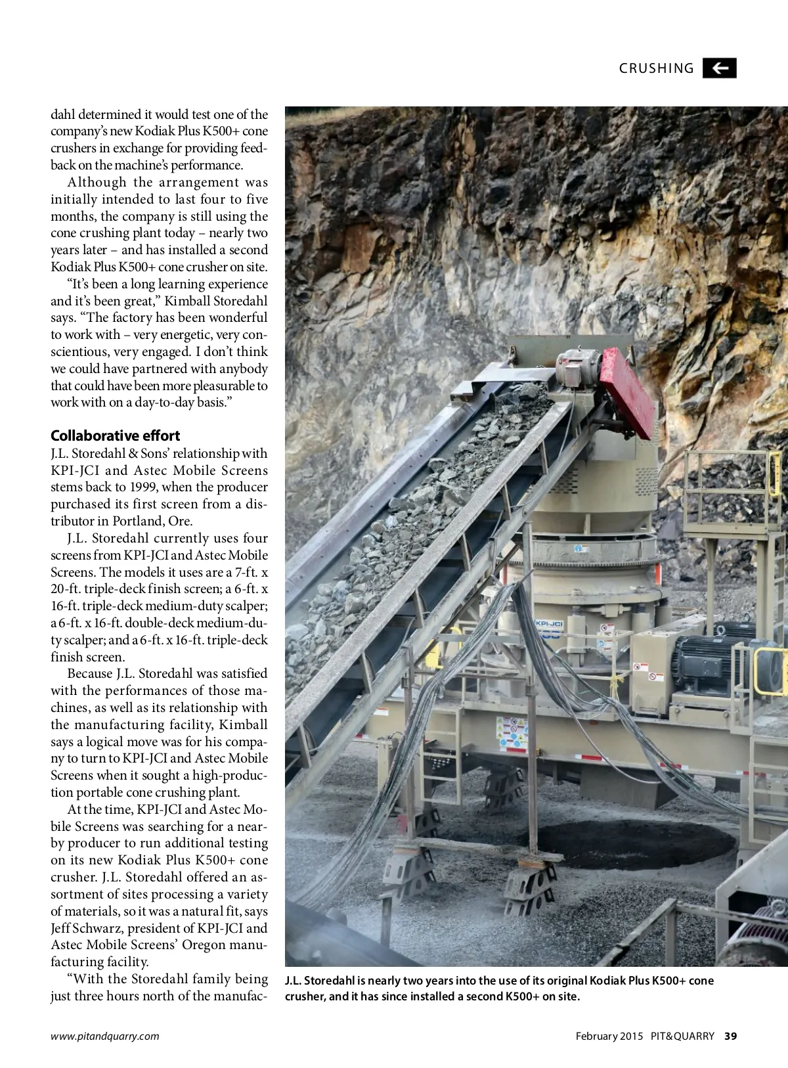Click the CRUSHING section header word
(656, 68)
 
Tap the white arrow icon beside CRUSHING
(720, 68)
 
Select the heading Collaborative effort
(115, 435)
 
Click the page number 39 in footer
(730, 1036)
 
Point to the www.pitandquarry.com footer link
(105, 1036)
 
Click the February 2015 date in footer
(609, 1036)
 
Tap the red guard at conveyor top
(627, 392)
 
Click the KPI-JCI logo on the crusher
(549, 623)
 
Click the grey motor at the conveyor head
(578, 367)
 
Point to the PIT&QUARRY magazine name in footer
(682, 1036)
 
